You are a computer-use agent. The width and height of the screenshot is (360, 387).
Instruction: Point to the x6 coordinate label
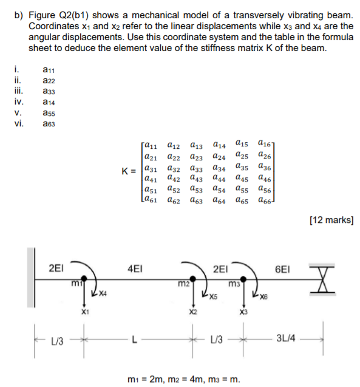(262, 298)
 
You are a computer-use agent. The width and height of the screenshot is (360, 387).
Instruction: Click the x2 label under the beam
(192, 311)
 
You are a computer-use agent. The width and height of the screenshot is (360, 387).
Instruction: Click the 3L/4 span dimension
(285, 338)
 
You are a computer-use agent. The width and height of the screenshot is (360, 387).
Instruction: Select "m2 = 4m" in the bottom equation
(193, 380)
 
